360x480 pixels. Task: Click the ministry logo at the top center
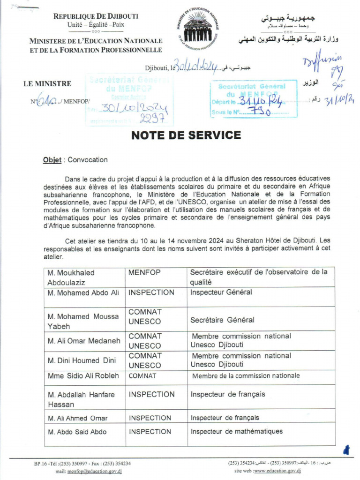201,29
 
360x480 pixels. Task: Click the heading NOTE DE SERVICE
186,135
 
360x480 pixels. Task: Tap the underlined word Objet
52,160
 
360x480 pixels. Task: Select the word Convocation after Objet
88,160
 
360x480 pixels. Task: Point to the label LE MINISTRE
47,84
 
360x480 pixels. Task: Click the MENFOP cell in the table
145,272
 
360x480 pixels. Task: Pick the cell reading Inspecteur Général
221,292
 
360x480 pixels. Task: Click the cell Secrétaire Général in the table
222,320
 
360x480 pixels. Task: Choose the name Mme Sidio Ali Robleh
83,376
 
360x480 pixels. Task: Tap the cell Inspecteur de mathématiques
237,432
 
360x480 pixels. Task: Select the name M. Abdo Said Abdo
77,432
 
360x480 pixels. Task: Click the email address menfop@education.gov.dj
95,471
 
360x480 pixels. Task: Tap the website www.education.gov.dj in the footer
277,471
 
